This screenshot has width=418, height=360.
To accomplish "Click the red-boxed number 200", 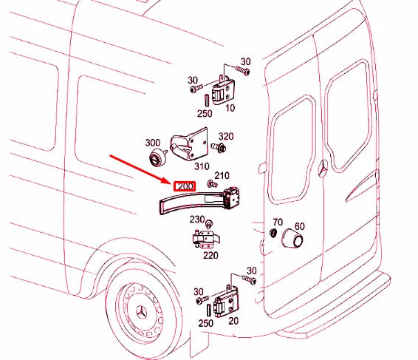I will point(183,188).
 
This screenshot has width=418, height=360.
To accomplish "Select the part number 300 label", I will point(152,143).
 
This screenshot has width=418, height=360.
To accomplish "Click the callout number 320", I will point(225,137).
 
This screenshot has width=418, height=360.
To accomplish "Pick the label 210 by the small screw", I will point(222,175).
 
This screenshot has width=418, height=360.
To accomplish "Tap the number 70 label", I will point(277,222).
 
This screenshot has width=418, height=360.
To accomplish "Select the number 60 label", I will point(299,226).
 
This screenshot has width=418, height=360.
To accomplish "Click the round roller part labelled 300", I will point(156,157).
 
